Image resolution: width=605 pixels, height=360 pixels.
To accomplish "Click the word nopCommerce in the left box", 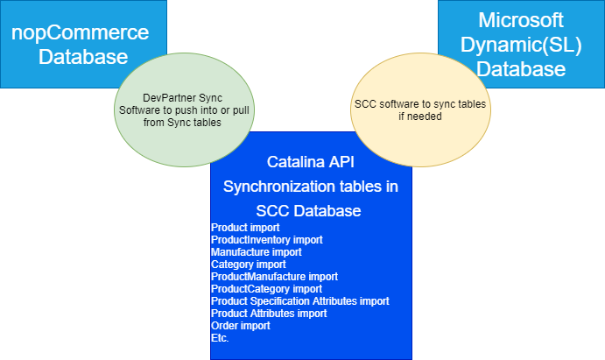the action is point(80,32).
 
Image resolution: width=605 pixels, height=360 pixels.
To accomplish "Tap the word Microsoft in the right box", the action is point(520,20).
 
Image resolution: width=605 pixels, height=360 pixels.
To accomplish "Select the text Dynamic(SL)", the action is point(521,45).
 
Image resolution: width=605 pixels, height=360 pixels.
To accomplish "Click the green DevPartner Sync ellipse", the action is point(184,110).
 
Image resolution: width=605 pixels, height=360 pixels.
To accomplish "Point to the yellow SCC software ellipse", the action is point(420,110).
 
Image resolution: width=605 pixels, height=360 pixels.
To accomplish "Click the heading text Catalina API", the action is point(311,162).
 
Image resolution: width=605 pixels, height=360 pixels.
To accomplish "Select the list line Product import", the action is point(245,228).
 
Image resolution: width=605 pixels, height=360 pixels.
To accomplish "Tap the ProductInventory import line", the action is point(267,240).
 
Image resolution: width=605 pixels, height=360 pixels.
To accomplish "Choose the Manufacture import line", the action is point(257,252).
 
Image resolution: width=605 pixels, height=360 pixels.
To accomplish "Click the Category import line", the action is point(249,265).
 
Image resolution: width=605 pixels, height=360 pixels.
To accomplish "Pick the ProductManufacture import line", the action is point(274,277).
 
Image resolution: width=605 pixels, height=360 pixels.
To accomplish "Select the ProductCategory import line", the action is point(266,289).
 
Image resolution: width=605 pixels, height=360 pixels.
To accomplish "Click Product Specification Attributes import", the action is point(300,301).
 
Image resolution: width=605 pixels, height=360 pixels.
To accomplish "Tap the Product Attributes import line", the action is point(269,314).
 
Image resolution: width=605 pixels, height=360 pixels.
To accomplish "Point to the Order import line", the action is point(241,326).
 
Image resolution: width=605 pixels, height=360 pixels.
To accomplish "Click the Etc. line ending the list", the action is point(220,338).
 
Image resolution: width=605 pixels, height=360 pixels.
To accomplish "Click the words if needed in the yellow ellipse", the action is point(420,116).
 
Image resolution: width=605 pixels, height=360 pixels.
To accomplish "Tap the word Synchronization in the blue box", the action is point(286,187).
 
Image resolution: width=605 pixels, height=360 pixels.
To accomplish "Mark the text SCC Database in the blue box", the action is point(309,211).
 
